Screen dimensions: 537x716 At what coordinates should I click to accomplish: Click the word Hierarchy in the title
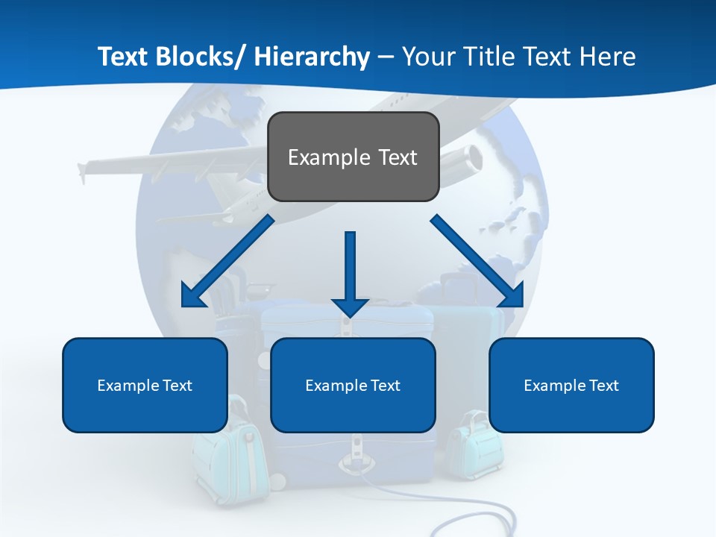pos(312,57)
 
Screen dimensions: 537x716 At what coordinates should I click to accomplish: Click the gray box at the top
pos(353,157)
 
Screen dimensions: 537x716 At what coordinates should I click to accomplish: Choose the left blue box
pos(145,385)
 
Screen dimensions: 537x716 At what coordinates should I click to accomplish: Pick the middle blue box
pos(353,385)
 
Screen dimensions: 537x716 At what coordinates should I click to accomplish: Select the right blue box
pos(571,385)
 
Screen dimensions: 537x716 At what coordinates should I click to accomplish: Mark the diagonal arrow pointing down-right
pos(477,261)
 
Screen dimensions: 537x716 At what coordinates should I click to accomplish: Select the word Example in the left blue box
pos(128,386)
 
